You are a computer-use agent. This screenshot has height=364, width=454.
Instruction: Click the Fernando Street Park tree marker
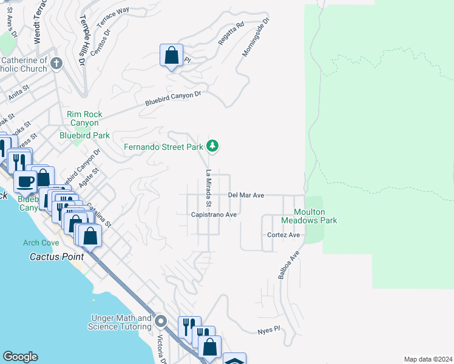coord(212,146)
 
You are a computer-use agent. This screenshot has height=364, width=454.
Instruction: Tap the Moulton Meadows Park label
coord(310,216)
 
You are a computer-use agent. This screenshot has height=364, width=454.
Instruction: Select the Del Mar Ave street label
coord(246,195)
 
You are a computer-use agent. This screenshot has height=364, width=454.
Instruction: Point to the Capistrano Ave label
coord(214,215)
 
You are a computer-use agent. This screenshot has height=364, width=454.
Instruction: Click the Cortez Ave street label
coord(283,235)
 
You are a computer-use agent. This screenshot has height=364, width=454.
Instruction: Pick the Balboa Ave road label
coord(290,265)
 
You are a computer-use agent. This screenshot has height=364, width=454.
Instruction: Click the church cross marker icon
coord(56,63)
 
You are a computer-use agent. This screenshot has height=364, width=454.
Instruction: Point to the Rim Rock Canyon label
coord(84,118)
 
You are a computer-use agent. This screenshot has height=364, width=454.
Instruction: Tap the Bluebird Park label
coord(84,135)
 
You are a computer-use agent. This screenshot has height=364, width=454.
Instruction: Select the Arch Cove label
coord(41,243)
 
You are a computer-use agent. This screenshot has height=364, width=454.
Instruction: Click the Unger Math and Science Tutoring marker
coord(161,321)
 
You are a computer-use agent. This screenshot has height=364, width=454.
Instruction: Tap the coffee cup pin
coord(26,181)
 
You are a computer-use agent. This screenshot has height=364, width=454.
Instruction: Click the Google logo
coord(20,357)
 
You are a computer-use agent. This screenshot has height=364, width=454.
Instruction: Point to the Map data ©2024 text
coord(427,359)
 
